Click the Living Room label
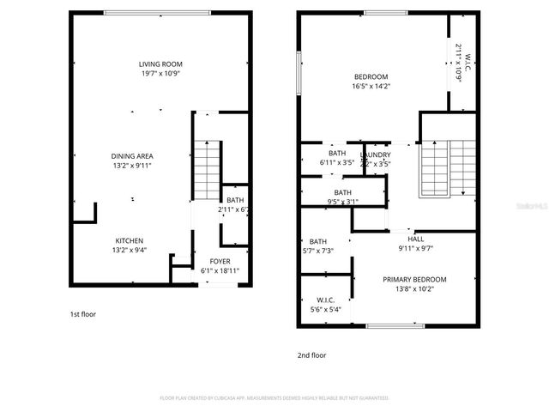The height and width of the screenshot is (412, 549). [x=161, y=64]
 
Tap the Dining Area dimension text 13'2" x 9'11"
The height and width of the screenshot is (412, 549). [x=132, y=165]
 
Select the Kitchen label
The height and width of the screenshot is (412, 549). [x=130, y=240]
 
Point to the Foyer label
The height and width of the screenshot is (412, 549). [x=220, y=261]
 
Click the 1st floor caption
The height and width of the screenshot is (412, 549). [x=82, y=314]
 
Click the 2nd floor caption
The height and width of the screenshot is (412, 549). [x=312, y=354]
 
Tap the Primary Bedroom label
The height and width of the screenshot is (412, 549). [x=414, y=279]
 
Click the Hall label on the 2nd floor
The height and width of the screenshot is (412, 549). [x=415, y=240]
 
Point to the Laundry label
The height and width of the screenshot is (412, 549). [x=376, y=154]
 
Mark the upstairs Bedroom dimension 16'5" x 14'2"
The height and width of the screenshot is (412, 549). [x=371, y=86]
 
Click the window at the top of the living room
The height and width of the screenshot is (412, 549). [x=157, y=12]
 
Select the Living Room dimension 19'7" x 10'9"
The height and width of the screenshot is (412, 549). [x=161, y=74]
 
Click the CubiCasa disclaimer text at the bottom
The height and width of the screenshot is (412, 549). [x=274, y=398]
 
